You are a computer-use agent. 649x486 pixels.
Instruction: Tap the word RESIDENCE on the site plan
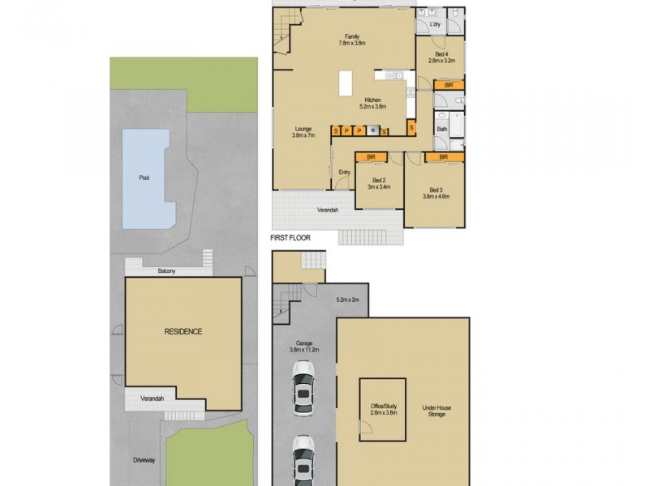click(x=183, y=332)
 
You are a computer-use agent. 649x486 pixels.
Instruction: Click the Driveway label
click(x=144, y=460)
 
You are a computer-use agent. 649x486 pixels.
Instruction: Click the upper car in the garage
click(x=304, y=388)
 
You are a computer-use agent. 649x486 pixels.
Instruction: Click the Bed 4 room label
click(x=438, y=56)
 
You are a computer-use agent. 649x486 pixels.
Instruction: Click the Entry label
click(x=344, y=172)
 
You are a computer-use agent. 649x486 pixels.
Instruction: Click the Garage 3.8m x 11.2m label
click(x=304, y=347)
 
